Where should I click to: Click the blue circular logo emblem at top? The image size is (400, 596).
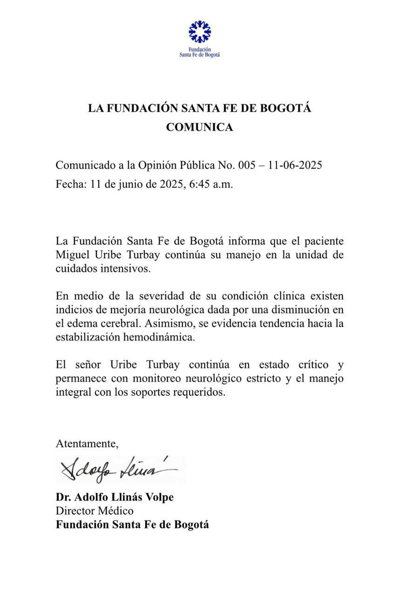(x=200, y=31)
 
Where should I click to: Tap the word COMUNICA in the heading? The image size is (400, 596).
(x=200, y=127)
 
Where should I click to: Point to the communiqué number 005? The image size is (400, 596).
(x=247, y=165)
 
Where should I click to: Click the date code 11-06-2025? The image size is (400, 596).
(x=295, y=165)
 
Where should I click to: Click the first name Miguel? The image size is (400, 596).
(x=72, y=255)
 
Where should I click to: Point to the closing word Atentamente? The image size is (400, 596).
(x=87, y=443)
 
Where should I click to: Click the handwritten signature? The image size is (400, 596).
(x=119, y=469)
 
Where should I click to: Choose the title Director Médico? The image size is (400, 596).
(x=95, y=511)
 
